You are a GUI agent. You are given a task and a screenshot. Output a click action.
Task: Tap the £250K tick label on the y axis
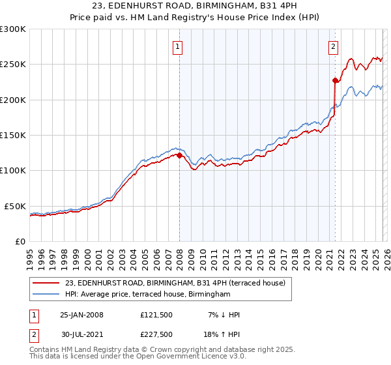13,65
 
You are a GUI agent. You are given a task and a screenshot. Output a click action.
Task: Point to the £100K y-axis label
13,170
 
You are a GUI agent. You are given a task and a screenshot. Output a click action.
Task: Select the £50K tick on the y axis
16,206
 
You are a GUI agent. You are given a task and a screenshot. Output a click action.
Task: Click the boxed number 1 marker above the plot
177,46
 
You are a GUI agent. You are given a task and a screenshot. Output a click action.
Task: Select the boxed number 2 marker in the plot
333,46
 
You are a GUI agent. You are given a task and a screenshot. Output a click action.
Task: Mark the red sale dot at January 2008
180,155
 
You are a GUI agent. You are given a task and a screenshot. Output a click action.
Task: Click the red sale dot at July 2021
335,81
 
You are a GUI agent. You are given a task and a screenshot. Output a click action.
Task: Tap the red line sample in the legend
46,283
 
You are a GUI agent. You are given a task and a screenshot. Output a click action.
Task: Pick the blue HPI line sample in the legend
46,295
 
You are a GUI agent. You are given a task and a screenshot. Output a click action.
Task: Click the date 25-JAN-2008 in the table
81,314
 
